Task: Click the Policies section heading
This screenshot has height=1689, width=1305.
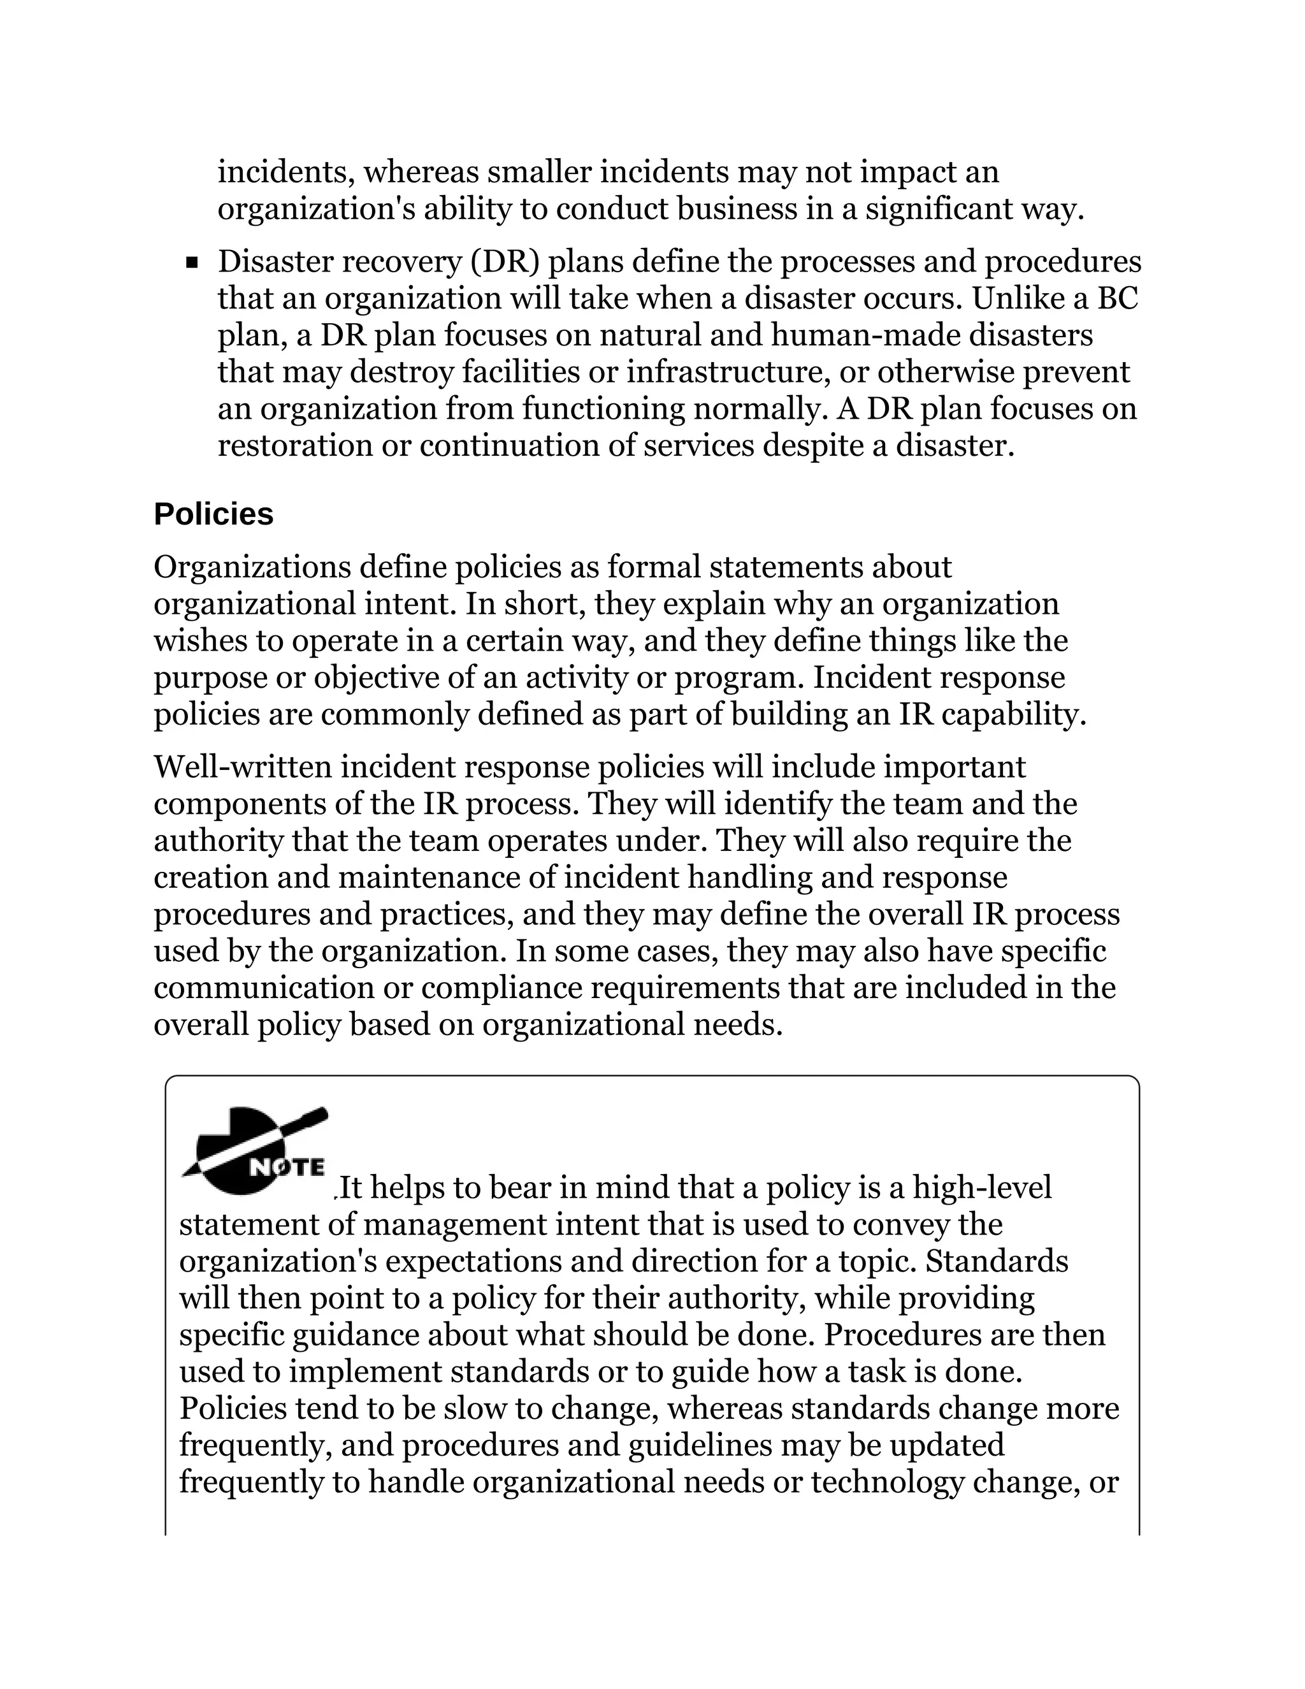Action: pos(213,514)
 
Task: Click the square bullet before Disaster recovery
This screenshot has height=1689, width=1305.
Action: pos(192,263)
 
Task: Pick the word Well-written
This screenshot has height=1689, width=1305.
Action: pos(242,767)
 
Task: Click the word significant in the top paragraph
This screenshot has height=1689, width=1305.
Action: pos(938,209)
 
